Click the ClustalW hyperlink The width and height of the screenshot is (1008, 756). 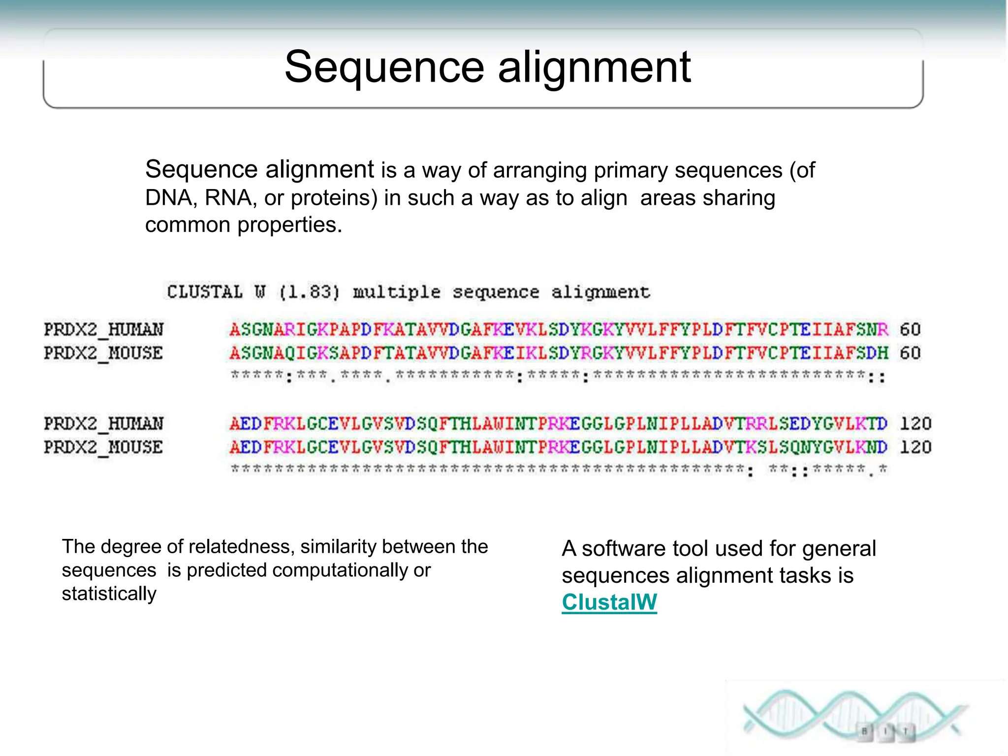(x=609, y=602)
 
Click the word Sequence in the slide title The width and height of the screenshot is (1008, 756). (x=384, y=67)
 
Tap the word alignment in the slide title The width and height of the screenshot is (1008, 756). (x=594, y=67)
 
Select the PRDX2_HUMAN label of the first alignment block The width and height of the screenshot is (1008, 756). (x=103, y=329)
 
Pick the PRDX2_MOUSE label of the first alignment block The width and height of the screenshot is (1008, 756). (x=103, y=353)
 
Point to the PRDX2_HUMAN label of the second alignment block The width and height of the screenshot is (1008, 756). (x=103, y=423)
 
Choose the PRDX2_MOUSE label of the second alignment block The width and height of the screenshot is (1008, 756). (x=103, y=447)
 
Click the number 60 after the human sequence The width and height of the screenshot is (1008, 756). (x=910, y=329)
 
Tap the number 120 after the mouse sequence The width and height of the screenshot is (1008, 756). (x=915, y=447)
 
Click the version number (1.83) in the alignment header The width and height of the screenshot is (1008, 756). (x=310, y=292)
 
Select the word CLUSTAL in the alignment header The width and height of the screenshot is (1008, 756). (x=205, y=292)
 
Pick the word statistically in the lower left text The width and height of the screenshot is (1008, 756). (x=109, y=594)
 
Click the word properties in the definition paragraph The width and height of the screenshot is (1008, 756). (x=289, y=225)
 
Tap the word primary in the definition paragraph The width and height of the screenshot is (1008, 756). (x=630, y=170)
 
